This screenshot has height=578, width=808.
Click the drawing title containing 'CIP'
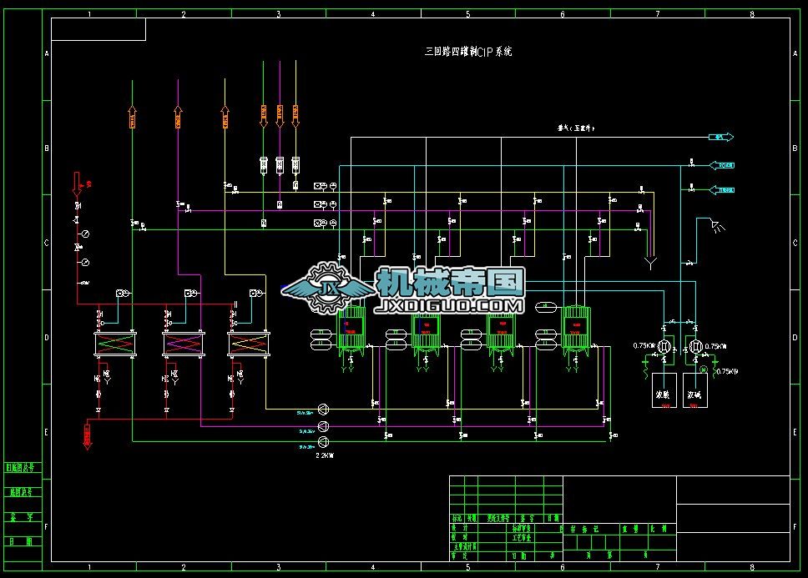[x=468, y=52]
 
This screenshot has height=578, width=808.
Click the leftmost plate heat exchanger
[x=114, y=343]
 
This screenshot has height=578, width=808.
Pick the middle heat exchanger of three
[x=183, y=343]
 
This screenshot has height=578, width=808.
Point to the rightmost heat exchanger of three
[x=249, y=343]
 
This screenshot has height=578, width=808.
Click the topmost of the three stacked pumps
[x=325, y=408]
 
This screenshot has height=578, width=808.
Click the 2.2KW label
[x=325, y=455]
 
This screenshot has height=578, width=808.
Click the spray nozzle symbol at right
[x=715, y=224]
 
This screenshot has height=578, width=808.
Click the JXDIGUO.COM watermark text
[x=451, y=307]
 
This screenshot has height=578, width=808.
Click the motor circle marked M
[x=703, y=369]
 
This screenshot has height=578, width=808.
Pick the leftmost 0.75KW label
[x=644, y=346]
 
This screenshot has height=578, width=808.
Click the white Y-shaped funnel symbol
[x=650, y=264]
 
